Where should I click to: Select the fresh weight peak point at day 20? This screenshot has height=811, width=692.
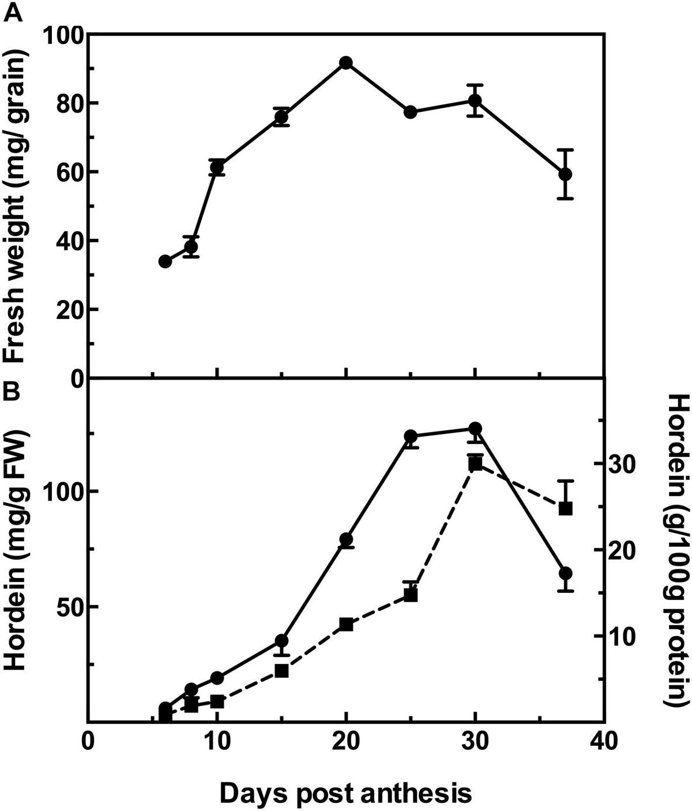click(346, 63)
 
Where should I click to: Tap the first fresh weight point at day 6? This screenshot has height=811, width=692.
click(165, 261)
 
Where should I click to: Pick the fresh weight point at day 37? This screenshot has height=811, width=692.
click(565, 174)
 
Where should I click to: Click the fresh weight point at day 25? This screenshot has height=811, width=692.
click(411, 112)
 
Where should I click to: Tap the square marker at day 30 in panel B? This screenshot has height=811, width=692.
click(475, 464)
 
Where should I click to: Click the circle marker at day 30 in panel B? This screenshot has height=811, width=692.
click(475, 429)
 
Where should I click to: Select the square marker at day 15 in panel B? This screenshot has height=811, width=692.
click(281, 671)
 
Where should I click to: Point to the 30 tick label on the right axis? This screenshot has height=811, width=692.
click(625, 464)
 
